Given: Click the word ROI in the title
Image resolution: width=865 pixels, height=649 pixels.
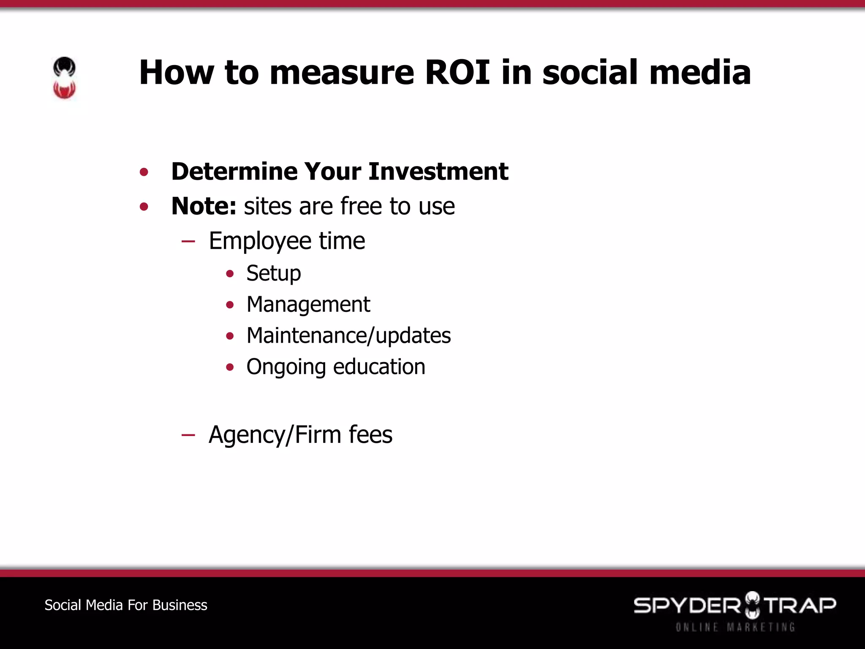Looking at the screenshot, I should click(x=457, y=72).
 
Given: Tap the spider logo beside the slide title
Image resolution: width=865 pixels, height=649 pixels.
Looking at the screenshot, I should click(x=64, y=78).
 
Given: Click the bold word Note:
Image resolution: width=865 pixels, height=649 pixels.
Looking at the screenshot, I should click(x=204, y=206).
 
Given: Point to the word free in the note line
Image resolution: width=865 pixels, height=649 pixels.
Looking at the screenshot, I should click(x=361, y=206).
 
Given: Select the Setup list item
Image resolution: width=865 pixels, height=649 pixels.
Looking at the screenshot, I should click(x=274, y=273).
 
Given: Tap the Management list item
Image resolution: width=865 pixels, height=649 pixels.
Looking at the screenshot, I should click(x=308, y=305).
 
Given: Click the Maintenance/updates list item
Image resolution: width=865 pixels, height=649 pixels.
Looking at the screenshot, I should click(x=348, y=336).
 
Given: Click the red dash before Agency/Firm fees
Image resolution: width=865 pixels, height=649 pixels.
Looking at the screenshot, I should click(x=188, y=435).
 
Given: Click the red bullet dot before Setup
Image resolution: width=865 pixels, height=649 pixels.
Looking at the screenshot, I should click(x=230, y=274).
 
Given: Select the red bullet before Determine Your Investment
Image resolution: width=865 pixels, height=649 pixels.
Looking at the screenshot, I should click(x=144, y=172).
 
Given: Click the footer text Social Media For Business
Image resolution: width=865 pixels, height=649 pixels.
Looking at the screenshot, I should click(x=126, y=605).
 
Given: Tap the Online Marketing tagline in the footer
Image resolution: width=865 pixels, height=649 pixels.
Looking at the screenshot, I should click(x=735, y=627).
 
